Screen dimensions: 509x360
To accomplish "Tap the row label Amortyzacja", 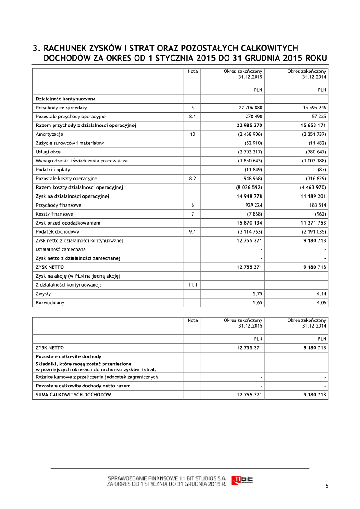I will [x=49, y=134].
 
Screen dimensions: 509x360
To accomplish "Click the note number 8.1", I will [x=192, y=117].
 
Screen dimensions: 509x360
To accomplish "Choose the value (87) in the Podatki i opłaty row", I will [x=321, y=170].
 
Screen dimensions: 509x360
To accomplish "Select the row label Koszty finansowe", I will [x=54, y=214].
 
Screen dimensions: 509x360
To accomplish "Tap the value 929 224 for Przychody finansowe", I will [x=252, y=205].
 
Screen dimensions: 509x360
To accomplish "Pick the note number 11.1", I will [x=192, y=285].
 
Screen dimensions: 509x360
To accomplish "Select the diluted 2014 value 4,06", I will [x=321, y=303].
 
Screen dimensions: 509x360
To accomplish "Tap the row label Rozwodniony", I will [x=50, y=303].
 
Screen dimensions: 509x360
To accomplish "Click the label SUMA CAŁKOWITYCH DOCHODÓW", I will [x=73, y=395].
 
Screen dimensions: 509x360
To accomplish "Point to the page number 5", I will [x=327, y=486].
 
